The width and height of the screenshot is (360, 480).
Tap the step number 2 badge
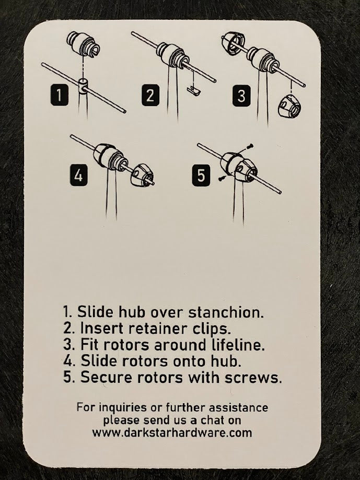point(150,96)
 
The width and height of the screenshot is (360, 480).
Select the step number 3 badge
point(241,96)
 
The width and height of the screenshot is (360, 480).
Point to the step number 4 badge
point(78,175)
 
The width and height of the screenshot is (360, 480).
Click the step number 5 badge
point(202,175)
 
